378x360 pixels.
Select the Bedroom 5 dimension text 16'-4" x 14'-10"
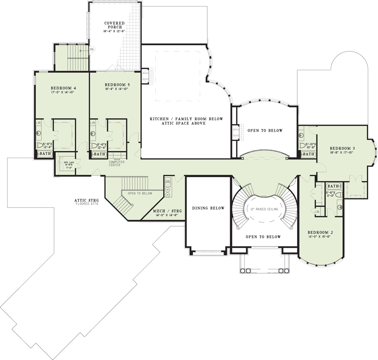coord(117,89)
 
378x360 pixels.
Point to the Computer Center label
coord(117,164)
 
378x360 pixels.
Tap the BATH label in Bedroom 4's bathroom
coord(45,154)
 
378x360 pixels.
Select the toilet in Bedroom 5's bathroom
coord(94,145)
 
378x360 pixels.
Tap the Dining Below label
coord(208,208)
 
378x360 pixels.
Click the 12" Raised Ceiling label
coord(264,209)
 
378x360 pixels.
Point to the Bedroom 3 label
coord(342,148)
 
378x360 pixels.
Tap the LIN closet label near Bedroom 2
coord(317,211)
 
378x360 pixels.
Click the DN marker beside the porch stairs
coord(92,49)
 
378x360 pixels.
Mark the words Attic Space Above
coord(186,123)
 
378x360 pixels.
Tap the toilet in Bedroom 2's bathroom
coord(340,207)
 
